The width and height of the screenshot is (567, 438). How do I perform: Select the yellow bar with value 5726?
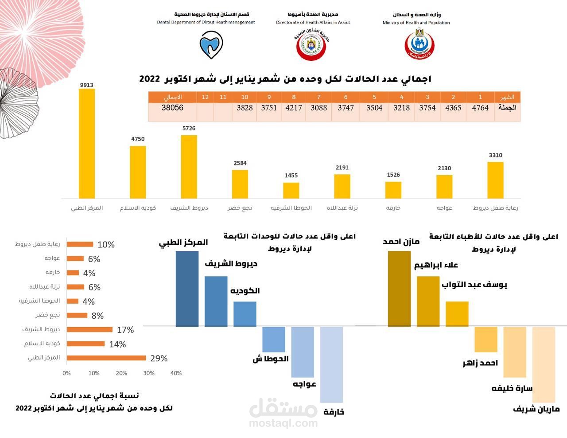point(189,167)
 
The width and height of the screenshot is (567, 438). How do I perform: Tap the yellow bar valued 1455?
point(291,190)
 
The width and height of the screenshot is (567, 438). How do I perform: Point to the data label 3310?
point(495,155)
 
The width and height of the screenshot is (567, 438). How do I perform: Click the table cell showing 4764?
point(480,108)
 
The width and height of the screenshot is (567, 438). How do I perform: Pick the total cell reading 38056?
point(172,108)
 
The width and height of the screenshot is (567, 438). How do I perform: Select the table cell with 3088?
point(319,108)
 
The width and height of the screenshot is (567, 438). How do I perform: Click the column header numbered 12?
point(205,97)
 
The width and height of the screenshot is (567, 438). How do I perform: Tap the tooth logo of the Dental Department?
point(211,44)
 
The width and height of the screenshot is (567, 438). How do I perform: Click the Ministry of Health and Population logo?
point(419,43)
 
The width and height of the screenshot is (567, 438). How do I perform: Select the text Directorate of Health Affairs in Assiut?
point(313,22)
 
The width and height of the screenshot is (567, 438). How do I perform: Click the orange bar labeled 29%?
point(106,358)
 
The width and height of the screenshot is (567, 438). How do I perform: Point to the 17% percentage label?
point(125,330)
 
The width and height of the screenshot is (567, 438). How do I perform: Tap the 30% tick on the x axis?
point(149,373)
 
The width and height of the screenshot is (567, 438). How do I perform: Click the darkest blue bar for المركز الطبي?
point(187,289)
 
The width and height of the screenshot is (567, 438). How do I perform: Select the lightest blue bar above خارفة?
point(331,364)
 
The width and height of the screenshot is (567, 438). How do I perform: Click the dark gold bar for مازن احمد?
point(399,289)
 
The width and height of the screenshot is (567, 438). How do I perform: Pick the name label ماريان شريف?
point(536,409)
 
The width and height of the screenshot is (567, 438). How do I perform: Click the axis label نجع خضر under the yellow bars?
point(240,208)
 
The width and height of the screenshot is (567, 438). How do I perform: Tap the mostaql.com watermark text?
point(283,423)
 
